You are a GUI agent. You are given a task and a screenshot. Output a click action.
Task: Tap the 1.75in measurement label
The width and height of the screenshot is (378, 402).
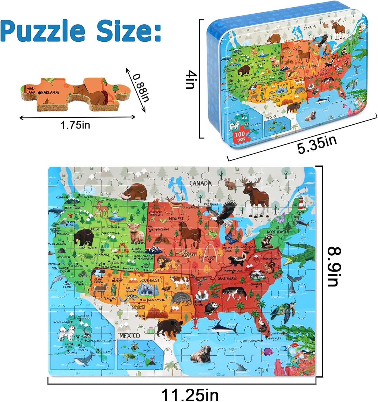[76, 125]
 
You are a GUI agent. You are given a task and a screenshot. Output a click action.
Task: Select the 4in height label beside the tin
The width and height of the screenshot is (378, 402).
[192, 80]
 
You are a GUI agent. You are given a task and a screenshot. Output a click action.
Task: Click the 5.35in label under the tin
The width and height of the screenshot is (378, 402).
[317, 145]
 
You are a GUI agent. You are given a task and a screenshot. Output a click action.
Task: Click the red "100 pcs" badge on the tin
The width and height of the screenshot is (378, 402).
[240, 136]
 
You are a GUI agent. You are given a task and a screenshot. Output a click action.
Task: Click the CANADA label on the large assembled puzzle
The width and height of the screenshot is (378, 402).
[200, 183]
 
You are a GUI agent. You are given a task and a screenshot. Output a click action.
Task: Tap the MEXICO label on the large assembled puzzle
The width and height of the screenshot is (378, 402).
[130, 336]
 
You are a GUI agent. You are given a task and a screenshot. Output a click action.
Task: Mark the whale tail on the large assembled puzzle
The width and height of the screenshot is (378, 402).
[292, 283]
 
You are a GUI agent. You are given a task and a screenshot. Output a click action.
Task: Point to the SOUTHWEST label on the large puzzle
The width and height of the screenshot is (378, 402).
[149, 280]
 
